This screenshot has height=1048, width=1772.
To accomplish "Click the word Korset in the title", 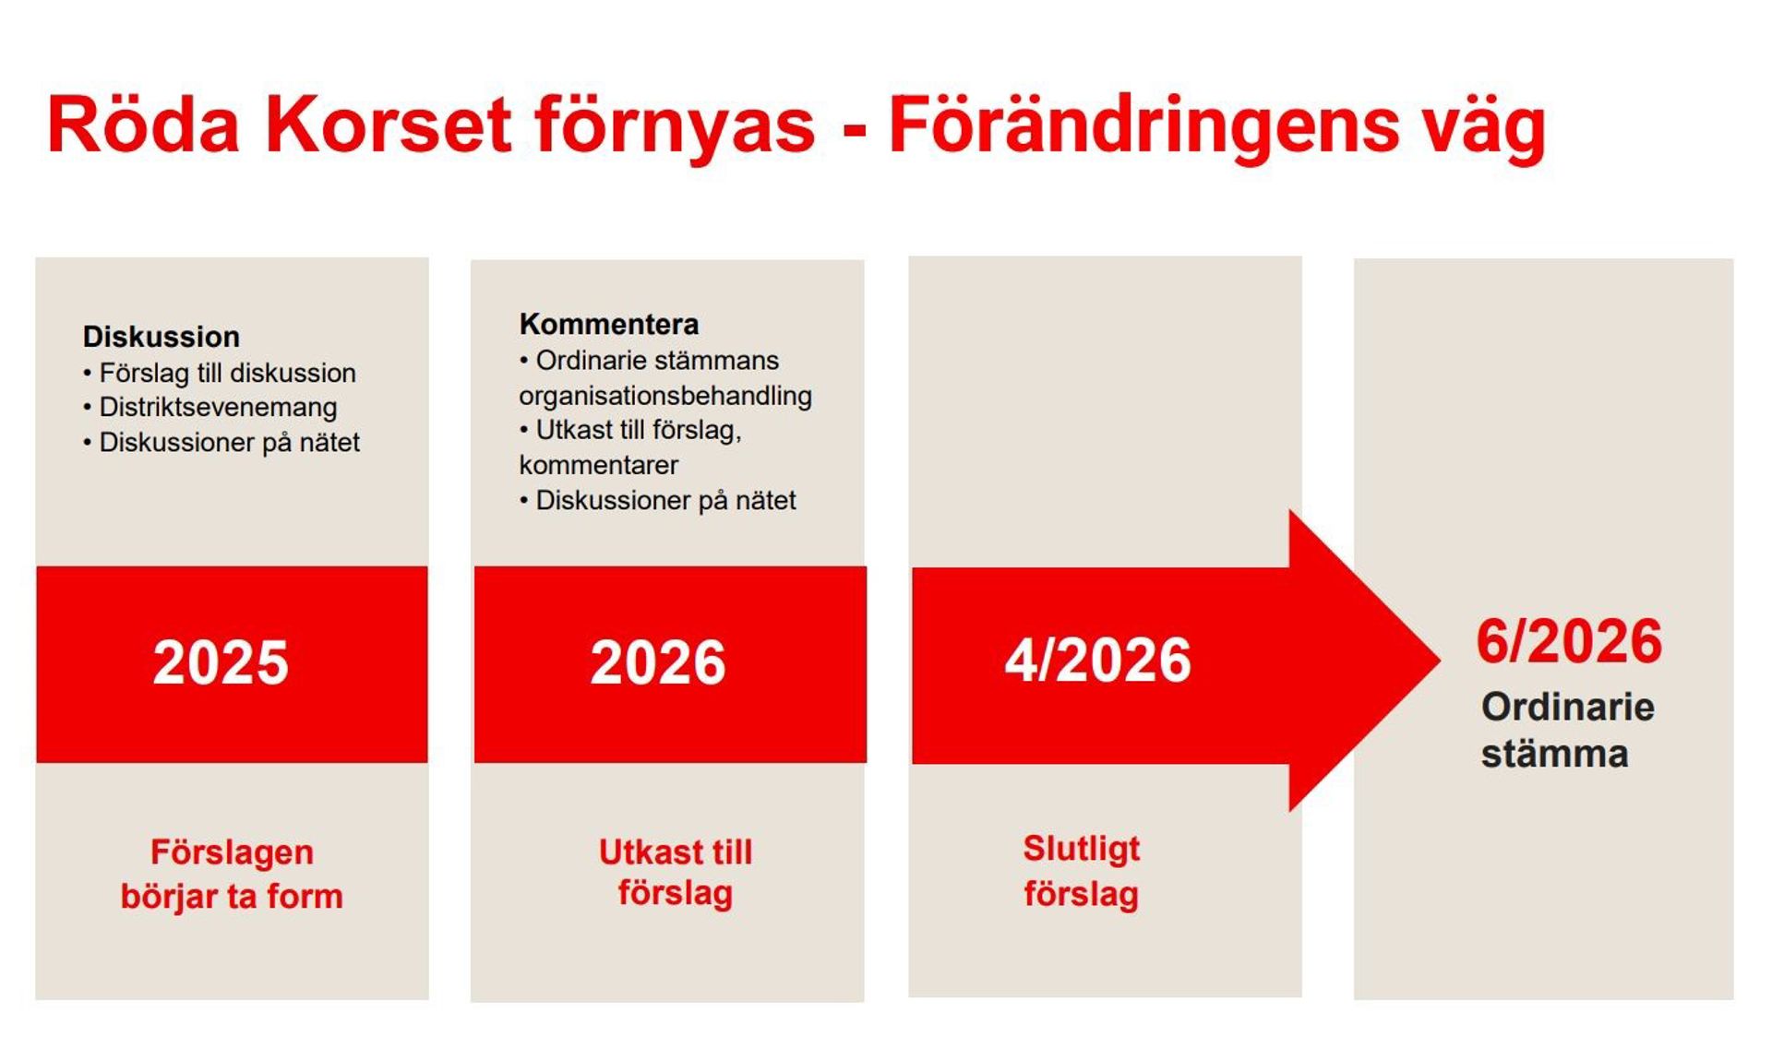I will coord(388,125).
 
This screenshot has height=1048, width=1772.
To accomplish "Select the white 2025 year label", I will coord(221,662).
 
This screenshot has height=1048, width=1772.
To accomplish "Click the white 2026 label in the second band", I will coord(658,662).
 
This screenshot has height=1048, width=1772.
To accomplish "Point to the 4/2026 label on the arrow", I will coord(1097,661).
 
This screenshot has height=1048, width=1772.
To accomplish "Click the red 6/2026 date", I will coord(1569,641).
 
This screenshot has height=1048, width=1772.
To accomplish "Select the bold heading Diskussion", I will coord(162,337).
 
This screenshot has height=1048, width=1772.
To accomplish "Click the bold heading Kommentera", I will coord(609,325).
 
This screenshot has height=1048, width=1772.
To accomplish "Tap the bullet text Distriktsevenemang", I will coord(218,408).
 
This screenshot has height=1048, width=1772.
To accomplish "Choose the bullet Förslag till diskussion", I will coord(227,373).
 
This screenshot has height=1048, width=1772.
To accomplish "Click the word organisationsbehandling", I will coord(665,396).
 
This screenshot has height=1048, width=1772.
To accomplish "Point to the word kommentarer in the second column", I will coord(598,465).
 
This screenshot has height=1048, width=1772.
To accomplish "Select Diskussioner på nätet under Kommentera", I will coord(665,500).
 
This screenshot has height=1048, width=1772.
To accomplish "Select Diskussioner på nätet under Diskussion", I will coord(229,443).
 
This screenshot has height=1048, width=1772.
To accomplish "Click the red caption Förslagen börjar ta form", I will coord(232,874).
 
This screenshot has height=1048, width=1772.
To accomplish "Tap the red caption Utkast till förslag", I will coord(676,872).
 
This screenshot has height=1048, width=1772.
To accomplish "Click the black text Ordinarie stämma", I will coord(1566,730).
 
